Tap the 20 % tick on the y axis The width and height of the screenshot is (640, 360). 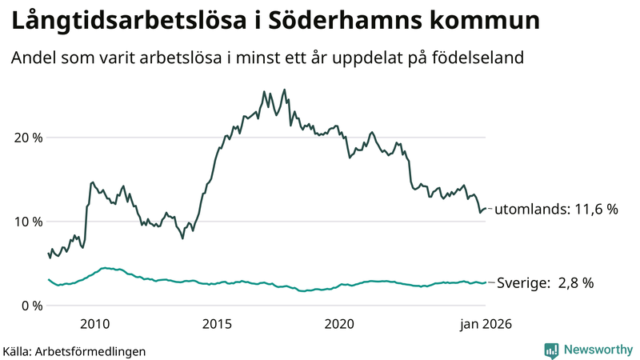26,138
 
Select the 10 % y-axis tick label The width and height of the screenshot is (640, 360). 26,222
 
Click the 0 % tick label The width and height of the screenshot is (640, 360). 30,306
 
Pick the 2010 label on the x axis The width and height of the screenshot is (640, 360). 94,324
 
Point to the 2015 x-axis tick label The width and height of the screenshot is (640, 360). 217,324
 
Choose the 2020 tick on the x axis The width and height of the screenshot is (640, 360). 339,324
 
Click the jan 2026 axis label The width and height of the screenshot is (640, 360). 485,324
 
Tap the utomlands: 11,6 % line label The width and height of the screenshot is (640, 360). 557,210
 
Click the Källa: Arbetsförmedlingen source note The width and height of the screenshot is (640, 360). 74,350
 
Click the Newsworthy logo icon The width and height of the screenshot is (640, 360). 551,350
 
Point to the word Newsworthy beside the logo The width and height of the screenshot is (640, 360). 597,350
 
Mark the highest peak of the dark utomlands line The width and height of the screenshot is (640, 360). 285,90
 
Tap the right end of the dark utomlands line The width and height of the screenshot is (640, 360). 486,208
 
